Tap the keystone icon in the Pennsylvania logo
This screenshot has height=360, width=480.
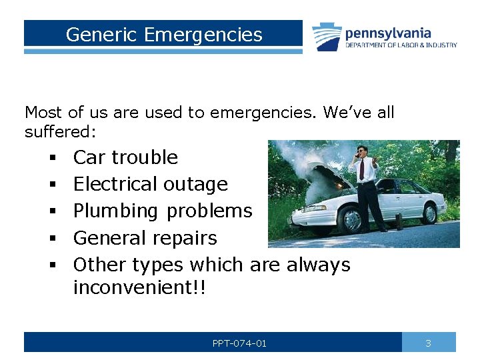(327, 37)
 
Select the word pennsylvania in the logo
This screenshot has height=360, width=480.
(388, 33)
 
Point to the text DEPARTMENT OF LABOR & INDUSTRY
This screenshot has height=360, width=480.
(401, 45)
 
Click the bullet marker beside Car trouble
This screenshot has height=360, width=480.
(51, 158)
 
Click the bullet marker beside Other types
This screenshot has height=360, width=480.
(51, 265)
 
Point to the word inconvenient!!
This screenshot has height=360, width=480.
(140, 288)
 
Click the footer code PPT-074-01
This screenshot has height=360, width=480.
(239, 343)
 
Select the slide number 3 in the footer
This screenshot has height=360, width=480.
(428, 343)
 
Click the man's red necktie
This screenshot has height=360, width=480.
(362, 170)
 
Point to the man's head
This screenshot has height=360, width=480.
(361, 150)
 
